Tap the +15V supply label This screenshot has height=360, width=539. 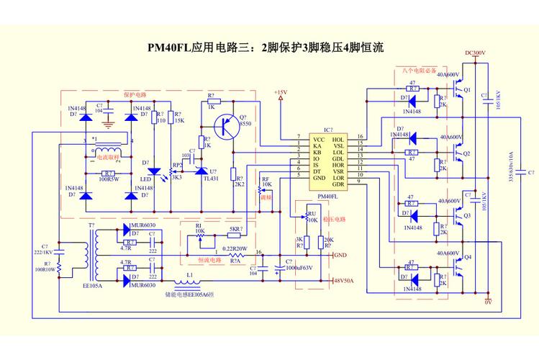(280, 93)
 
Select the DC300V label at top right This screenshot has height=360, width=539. (476, 53)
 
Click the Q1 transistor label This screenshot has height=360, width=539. (467, 90)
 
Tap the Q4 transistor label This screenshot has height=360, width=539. (467, 257)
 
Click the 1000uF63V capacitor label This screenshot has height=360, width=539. (302, 266)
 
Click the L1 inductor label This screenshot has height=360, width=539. (189, 275)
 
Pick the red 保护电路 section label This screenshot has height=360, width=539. (134, 94)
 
